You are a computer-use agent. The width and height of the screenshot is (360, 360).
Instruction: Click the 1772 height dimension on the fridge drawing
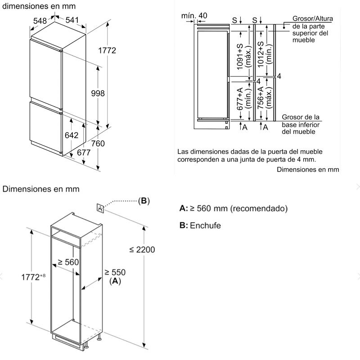[107, 50]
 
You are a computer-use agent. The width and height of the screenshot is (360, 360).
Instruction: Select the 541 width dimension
[72, 20]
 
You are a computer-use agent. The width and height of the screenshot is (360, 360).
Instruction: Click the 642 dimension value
[72, 135]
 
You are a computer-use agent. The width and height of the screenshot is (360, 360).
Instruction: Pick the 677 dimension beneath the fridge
[84, 153]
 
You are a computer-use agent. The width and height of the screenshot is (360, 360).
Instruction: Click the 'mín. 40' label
[194, 16]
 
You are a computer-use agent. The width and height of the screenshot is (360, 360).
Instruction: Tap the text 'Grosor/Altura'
[310, 19]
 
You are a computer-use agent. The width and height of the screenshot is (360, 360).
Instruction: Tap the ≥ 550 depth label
[115, 272]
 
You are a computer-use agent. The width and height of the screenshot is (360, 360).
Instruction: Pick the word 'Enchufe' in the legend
[205, 225]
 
